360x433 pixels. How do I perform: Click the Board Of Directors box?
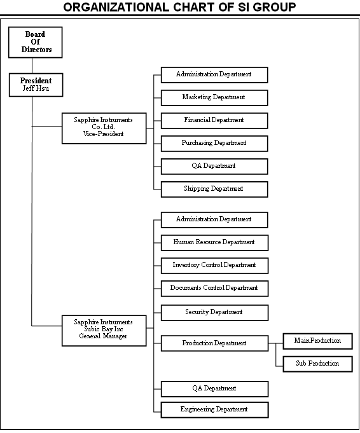[36, 42]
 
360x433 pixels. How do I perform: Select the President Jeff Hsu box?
[36, 85]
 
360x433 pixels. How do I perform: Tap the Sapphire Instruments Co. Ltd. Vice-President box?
[104, 128]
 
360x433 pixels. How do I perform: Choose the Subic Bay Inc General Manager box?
[104, 331]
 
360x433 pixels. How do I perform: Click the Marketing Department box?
[214, 98]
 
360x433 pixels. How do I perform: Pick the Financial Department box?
[214, 121]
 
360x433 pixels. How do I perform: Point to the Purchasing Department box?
[214, 144]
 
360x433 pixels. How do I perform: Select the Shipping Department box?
[214, 189]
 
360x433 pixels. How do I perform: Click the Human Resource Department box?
[215, 243]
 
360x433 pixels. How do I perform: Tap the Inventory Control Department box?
[215, 266]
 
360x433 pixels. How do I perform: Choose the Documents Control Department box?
[215, 289]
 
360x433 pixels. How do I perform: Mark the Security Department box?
[215, 313]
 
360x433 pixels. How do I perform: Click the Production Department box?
[215, 343]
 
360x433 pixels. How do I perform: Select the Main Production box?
[318, 341]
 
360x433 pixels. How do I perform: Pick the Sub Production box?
[318, 364]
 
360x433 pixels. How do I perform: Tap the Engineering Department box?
[215, 410]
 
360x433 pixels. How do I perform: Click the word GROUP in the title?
[274, 7]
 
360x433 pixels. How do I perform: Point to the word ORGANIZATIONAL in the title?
[116, 7]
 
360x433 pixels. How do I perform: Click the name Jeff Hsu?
[36, 88]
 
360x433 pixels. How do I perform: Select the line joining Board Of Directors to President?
[32, 65]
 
